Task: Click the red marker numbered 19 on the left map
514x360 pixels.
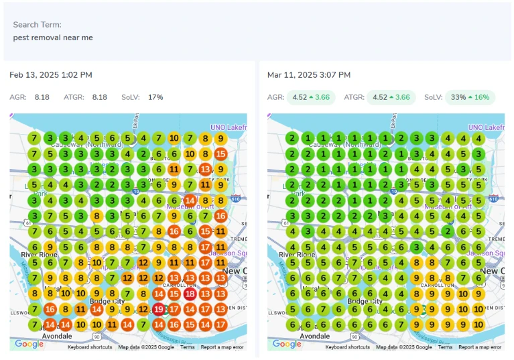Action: [x=159, y=309]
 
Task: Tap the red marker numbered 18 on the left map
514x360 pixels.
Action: [x=190, y=294]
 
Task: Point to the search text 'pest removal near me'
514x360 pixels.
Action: [x=53, y=38]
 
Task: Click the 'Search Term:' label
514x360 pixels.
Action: [x=38, y=25]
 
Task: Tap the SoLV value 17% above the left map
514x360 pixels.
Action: [x=155, y=97]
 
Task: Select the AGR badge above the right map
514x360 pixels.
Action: [x=310, y=97]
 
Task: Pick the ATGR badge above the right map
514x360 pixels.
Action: [x=391, y=97]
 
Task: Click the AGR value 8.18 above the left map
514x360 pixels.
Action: [x=42, y=97]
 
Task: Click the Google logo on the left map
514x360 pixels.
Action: [x=29, y=344]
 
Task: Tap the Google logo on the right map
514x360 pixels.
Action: [x=287, y=344]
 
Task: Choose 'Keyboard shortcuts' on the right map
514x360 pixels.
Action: [x=348, y=347]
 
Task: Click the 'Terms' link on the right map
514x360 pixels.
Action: [x=445, y=347]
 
